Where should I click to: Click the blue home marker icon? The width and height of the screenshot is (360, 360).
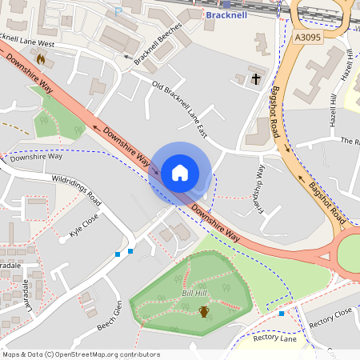pos(180,173)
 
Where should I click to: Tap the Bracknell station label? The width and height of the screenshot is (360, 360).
pos(228,14)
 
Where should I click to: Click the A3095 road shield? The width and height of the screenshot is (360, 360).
pos(309,36)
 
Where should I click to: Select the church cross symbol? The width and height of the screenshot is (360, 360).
pos(256,78)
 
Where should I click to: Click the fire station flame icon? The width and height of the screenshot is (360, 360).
pos(40,58)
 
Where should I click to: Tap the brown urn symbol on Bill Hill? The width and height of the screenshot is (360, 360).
pos(204,310)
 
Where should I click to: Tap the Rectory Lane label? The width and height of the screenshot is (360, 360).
pos(274,338)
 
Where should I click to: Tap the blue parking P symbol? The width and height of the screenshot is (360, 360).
pos(119,10)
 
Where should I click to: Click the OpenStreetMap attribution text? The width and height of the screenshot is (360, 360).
pos(81,354)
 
